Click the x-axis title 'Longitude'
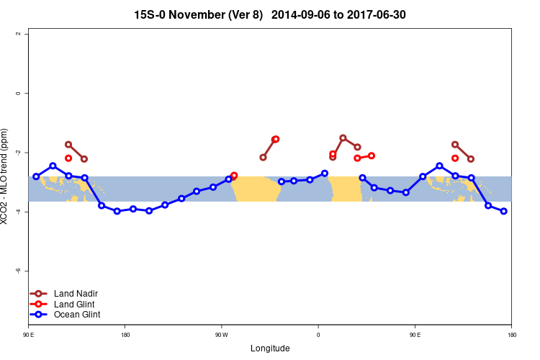pos(270,348)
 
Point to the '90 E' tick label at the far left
pos(28,335)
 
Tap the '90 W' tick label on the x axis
pos(221,335)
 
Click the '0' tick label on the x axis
pos(318,335)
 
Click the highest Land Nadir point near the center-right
pos(343,138)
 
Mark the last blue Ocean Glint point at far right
pos(504,211)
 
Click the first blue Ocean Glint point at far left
pos(36,176)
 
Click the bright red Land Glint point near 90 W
pos(234,176)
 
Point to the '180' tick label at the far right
pos(511,335)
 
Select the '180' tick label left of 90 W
pos(125,335)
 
